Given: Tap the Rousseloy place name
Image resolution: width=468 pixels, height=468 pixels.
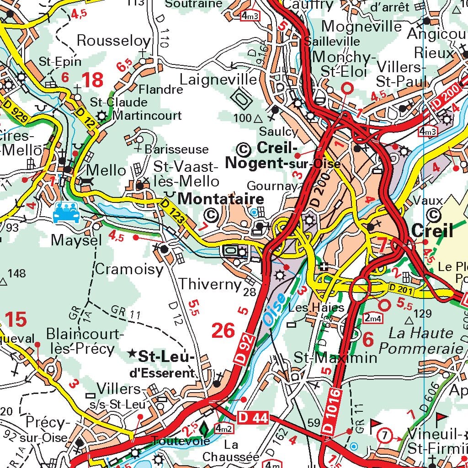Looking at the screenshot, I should [x=113, y=41].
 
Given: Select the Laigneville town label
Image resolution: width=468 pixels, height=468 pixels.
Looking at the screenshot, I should [x=218, y=79].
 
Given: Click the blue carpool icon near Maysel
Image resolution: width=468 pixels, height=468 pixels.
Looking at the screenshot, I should [x=66, y=213].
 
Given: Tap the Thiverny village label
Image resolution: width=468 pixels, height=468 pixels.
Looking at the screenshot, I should [x=210, y=284].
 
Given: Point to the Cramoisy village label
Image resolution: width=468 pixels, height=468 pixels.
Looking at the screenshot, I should [x=129, y=270].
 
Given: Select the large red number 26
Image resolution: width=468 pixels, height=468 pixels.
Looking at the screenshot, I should [x=223, y=330].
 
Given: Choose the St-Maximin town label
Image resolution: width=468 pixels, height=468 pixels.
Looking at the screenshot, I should [x=335, y=357].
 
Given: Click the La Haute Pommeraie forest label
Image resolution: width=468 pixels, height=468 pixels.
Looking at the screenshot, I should [x=421, y=340].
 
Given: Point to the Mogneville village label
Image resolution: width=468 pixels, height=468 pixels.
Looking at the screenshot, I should [x=362, y=27].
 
